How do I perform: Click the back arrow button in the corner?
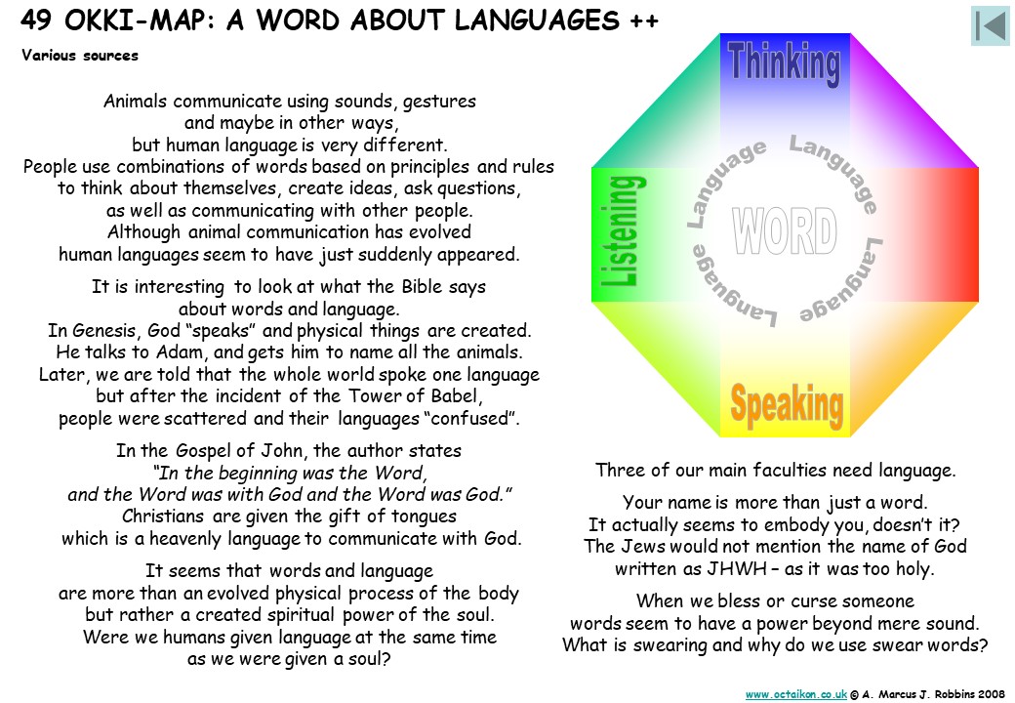[991, 26]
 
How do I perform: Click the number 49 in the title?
[35, 21]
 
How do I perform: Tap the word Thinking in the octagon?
[784, 63]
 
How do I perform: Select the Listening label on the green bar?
[619, 231]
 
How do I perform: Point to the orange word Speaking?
[787, 405]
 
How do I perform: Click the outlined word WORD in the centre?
[785, 231]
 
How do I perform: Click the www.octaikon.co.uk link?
[796, 694]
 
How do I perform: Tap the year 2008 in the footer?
[992, 694]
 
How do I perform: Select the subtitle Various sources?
[80, 56]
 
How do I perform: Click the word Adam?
[181, 352]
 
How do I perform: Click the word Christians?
[163, 517]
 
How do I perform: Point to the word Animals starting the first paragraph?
[136, 102]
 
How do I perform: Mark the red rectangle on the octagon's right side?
[913, 234]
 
